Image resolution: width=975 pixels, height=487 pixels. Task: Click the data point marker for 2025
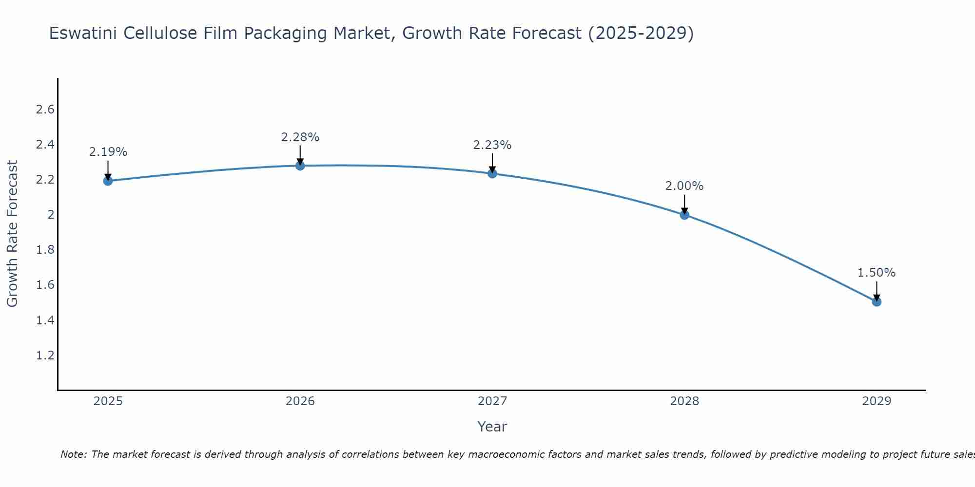coord(108,181)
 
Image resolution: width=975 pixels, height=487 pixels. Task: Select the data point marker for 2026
coord(300,166)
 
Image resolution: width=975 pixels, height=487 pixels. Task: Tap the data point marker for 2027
coord(492,173)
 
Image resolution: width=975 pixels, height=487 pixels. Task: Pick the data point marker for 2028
coord(684,215)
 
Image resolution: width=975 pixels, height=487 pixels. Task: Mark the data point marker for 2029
coord(877,302)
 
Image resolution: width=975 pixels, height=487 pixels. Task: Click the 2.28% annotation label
coord(300,137)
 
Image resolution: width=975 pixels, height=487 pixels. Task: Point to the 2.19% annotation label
coord(108,152)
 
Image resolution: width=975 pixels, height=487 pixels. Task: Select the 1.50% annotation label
coord(877,273)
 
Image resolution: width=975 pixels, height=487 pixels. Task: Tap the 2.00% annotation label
coord(684,186)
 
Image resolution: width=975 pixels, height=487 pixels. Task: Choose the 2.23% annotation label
coord(492,145)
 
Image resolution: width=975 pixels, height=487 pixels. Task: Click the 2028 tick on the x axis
coord(684,401)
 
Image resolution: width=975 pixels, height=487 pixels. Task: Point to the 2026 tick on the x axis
coord(300,401)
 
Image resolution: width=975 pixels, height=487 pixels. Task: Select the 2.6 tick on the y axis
coord(45,110)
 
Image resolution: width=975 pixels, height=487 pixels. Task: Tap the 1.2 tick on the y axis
coord(45,356)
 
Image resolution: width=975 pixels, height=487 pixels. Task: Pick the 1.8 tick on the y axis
coord(45,250)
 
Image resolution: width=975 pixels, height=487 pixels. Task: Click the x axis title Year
coord(492,427)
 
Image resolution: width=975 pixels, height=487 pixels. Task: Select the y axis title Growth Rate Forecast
coord(12,234)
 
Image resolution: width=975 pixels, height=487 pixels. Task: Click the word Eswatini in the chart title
coord(83,34)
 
